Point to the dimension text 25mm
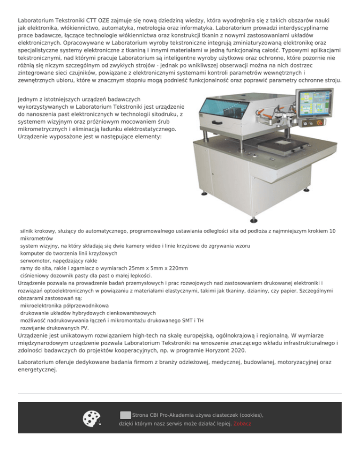(126, 268)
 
